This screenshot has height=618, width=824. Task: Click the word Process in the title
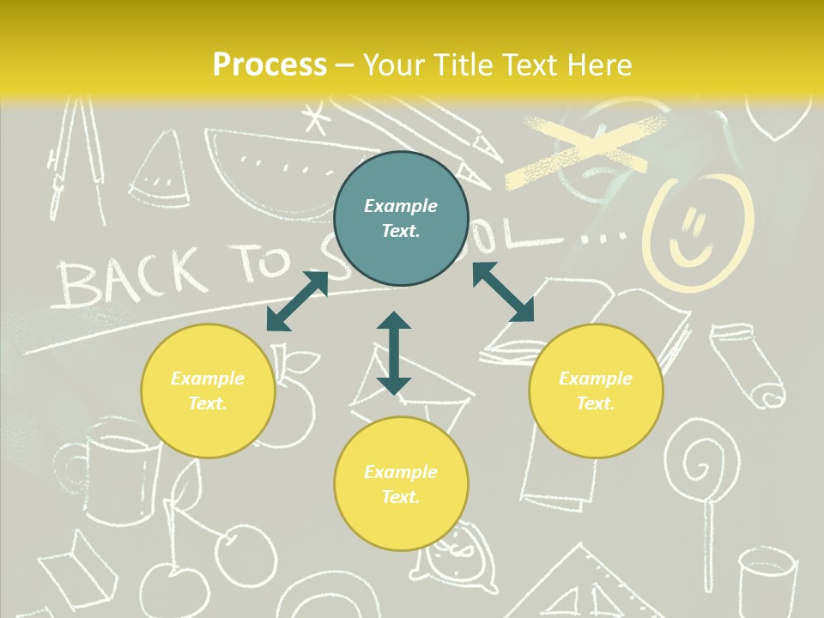(x=270, y=64)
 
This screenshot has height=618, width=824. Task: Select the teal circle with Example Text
(x=401, y=218)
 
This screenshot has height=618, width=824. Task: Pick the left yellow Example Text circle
(x=208, y=391)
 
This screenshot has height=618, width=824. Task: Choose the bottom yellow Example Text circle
(x=401, y=484)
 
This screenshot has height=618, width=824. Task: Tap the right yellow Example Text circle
(x=596, y=391)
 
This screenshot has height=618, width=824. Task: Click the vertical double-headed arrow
(x=394, y=354)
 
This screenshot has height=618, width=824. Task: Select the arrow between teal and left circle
(x=297, y=300)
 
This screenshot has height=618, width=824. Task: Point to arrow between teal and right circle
(x=504, y=292)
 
